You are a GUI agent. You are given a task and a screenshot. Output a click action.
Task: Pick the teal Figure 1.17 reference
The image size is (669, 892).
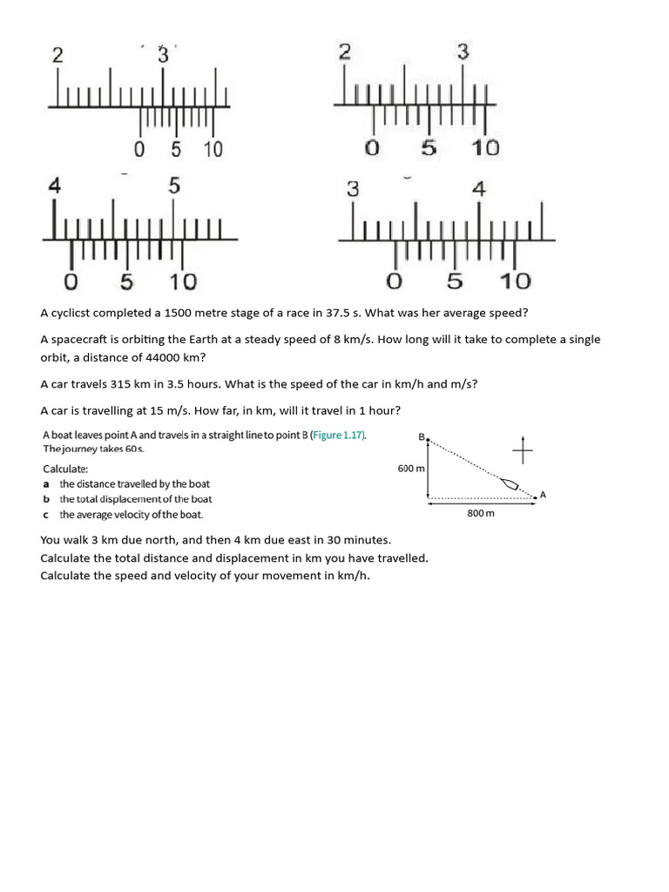(x=341, y=435)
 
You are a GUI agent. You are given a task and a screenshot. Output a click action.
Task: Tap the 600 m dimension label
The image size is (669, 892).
(x=411, y=469)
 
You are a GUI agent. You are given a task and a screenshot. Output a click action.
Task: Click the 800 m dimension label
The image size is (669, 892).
(x=481, y=513)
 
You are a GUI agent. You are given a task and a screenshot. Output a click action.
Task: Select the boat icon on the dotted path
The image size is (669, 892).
(x=510, y=483)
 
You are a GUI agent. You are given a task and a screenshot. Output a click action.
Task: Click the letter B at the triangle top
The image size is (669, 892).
(x=422, y=436)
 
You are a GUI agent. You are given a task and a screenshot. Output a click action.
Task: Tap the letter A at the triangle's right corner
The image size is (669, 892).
(x=543, y=495)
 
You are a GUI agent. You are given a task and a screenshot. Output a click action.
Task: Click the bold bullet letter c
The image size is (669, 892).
(x=46, y=515)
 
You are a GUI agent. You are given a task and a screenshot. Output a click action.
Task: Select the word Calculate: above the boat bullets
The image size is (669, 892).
(x=65, y=468)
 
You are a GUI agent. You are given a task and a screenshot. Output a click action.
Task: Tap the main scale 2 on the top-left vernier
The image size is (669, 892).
(x=57, y=55)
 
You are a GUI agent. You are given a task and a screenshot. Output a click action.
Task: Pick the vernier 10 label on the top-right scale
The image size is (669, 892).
(x=486, y=148)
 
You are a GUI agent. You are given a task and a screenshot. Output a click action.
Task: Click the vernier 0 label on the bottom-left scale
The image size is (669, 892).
(x=71, y=282)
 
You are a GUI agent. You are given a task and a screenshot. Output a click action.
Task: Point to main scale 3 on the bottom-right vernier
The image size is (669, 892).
(x=353, y=189)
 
